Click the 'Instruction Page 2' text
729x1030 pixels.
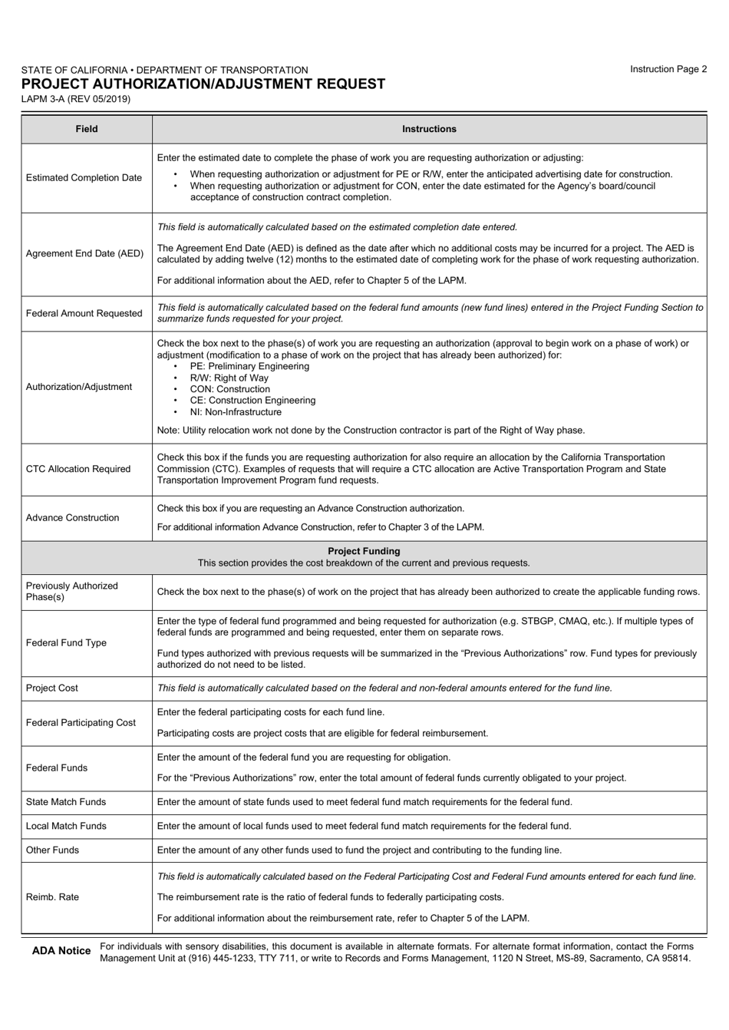pos(668,69)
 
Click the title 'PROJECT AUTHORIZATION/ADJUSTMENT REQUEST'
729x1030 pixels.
pos(203,84)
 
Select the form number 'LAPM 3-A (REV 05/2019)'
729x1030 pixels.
pos(76,99)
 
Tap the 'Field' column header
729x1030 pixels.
pos(87,129)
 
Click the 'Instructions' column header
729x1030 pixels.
pos(429,129)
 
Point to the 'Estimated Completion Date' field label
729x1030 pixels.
pos(84,178)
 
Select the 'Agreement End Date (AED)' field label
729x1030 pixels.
pos(85,253)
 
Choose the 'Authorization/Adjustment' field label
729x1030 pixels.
pos(79,387)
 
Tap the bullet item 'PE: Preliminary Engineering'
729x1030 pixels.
pos(249,366)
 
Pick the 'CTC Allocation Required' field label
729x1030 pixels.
pos(78,469)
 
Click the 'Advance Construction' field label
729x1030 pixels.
pos(73,518)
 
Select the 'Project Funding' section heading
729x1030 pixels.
pos(364,551)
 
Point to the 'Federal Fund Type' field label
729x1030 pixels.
pos(67,642)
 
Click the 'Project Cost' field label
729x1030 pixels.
pos(52,688)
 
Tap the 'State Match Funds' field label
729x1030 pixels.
pos(66,802)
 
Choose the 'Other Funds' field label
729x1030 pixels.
pos(52,850)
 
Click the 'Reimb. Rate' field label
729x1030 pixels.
pos(52,897)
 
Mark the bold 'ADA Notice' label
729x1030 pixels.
pos(61,951)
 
